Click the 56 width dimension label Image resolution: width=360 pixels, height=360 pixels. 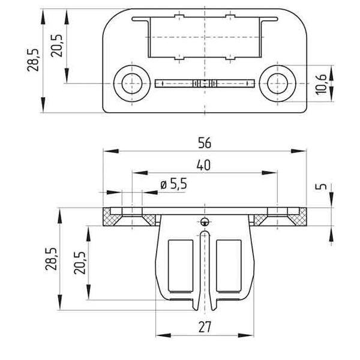pyautogui.click(x=205, y=143)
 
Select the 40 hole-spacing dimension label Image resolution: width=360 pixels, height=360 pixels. pyautogui.click(x=203, y=165)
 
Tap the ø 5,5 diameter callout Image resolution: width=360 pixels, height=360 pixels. pyautogui.click(x=173, y=184)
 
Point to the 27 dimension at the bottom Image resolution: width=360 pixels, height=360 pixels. pyautogui.click(x=205, y=327)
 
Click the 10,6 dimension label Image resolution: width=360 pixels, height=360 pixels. pyautogui.click(x=321, y=84)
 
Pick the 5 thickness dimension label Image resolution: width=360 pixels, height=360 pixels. pyautogui.click(x=323, y=186)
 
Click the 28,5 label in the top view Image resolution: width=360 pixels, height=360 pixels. pyautogui.click(x=33, y=60)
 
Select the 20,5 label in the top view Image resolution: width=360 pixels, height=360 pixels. pyautogui.click(x=57, y=46)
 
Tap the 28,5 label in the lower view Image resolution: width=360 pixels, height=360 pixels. pyautogui.click(x=51, y=259)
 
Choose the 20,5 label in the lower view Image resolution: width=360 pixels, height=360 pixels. pyautogui.click(x=80, y=263)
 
